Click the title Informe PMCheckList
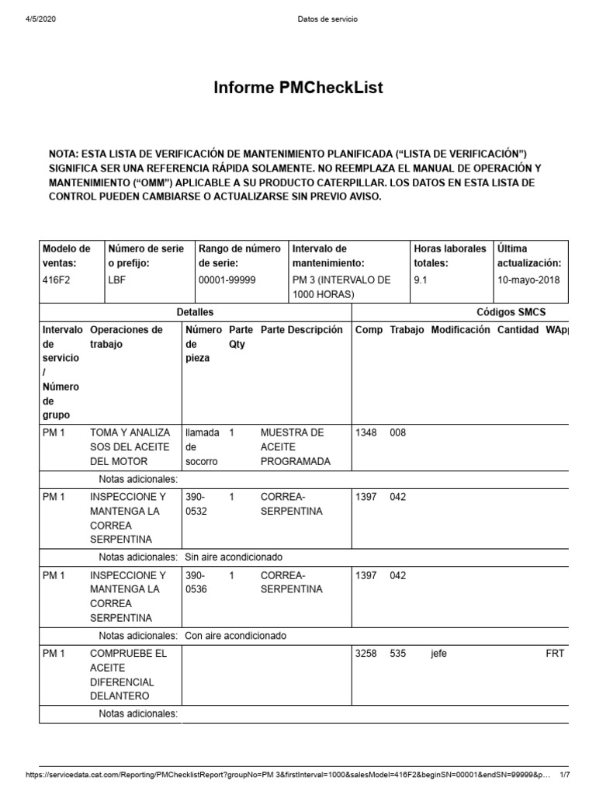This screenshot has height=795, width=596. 298,89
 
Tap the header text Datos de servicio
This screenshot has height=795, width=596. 327,19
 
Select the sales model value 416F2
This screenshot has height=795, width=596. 57,279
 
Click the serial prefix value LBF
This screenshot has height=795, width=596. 116,279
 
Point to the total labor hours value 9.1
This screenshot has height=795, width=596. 421,279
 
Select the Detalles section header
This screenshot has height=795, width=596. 195,311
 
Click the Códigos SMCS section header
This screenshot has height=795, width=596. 511,311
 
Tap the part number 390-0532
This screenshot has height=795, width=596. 197,504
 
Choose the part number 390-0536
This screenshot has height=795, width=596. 197,581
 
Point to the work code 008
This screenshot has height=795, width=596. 397,432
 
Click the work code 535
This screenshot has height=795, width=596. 397,654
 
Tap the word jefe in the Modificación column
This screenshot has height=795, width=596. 438,654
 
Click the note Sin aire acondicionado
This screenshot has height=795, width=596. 233,557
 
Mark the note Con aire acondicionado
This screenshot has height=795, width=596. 235,635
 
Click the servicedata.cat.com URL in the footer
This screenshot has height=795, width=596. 287,775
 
